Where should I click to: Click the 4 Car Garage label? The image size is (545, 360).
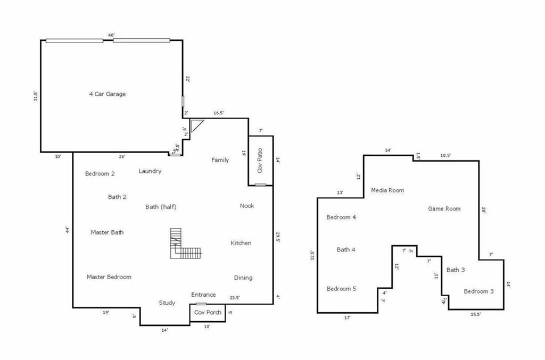(107, 94)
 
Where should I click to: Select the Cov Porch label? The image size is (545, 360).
(208, 313)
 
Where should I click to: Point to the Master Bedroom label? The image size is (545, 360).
(109, 277)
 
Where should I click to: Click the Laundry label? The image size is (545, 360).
(150, 171)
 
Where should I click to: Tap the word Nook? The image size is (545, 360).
(247, 206)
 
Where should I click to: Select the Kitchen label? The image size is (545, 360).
(241, 243)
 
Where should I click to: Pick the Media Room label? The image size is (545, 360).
(387, 190)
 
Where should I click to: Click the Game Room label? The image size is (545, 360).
(444, 209)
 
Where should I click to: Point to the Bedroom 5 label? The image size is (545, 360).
(341, 289)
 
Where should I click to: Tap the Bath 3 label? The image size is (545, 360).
(456, 270)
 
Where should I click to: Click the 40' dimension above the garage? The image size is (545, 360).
(111, 36)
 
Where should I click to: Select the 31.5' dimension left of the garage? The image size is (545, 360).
(35, 96)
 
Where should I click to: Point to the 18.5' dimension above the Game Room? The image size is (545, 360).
(445, 155)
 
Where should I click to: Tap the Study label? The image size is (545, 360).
(167, 303)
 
